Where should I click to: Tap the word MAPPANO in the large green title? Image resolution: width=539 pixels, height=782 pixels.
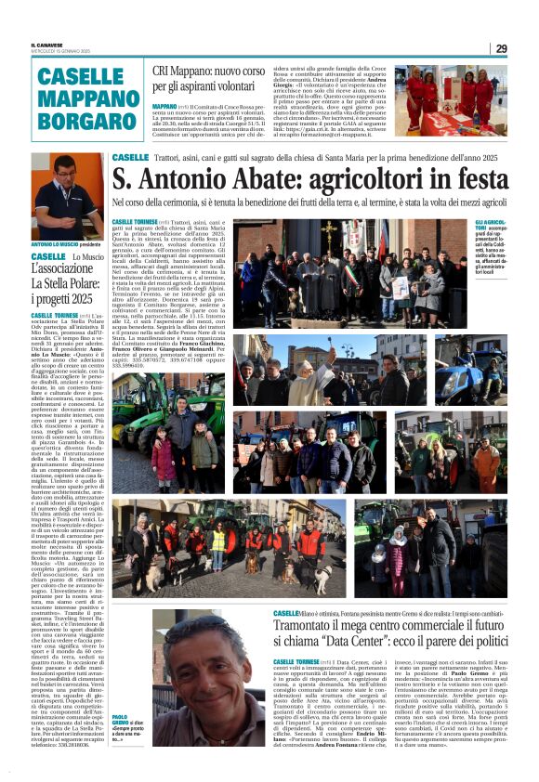pos(89,98)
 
